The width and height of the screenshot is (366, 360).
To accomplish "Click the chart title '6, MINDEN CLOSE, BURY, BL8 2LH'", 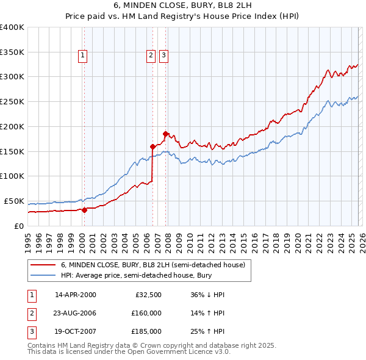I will tap(182, 5).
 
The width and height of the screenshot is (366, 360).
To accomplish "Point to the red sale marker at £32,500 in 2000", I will tap(84, 210).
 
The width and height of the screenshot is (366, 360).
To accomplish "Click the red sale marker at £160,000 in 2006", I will tap(152, 146).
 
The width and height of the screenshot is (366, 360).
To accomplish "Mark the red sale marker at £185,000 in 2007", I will tap(165, 133).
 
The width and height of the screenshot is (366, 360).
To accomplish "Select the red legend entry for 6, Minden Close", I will tap(152, 265).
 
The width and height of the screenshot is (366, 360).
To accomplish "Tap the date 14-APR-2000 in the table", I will tap(76, 295).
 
